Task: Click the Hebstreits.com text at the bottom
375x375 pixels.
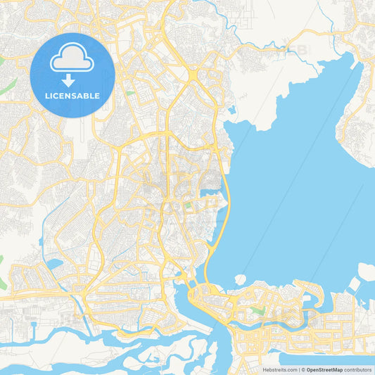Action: (280, 369)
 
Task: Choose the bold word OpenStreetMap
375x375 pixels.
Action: (326, 369)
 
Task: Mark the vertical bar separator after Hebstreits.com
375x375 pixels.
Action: (300, 369)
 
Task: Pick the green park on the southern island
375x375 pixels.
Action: (259, 310)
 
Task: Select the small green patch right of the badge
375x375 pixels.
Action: (130, 92)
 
